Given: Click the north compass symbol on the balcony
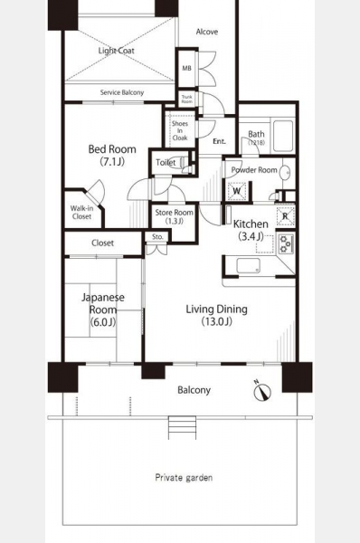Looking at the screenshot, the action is (262, 391).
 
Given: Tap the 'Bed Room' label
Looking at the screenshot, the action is (112, 149).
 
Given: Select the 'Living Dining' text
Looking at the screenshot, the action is (217, 309).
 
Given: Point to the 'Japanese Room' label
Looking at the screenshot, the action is (103, 303).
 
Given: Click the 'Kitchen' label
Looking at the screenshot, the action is (251, 224).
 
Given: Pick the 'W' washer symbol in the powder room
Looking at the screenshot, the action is (237, 191).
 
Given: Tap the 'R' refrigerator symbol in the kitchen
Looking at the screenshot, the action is (285, 216).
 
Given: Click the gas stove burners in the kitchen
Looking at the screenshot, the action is (286, 243).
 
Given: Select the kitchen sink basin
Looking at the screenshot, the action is (248, 266).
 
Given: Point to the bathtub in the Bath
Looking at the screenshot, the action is (283, 136).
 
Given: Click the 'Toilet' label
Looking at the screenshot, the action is (166, 162).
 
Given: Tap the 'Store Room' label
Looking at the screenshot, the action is (174, 213).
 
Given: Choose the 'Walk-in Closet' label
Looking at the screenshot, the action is (81, 213).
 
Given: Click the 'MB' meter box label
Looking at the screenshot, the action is (186, 68).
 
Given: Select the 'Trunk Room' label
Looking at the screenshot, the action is (187, 99).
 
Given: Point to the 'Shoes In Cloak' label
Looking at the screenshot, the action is (180, 130).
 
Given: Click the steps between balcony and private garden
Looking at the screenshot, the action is (182, 428).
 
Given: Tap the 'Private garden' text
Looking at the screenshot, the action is (184, 478).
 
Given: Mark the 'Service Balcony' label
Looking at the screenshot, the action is (122, 92).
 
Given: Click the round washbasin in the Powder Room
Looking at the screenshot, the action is (285, 172).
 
